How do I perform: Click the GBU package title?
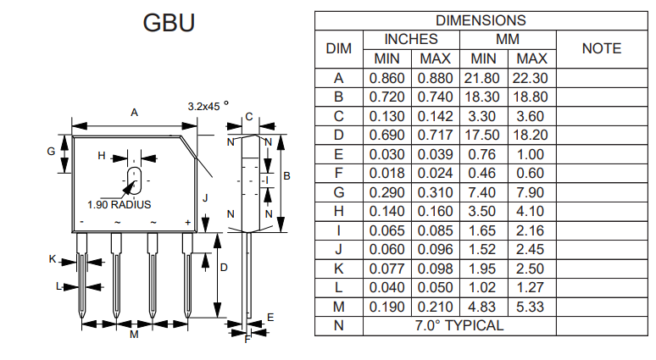[169, 23]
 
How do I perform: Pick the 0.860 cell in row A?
[387, 78]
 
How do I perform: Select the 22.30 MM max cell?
[531, 78]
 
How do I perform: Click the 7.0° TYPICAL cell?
[459, 325]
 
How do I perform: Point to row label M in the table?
[338, 307]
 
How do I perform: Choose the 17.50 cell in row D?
[483, 135]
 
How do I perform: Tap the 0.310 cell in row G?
[436, 192]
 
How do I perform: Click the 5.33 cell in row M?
[531, 307]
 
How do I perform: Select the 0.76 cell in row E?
[483, 154]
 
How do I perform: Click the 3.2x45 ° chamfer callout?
[208, 107]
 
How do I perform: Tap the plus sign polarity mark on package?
[188, 222]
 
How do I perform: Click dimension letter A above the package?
[134, 112]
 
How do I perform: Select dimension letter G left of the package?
[51, 151]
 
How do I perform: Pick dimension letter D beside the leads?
[224, 267]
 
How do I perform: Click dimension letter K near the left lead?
[52, 259]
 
